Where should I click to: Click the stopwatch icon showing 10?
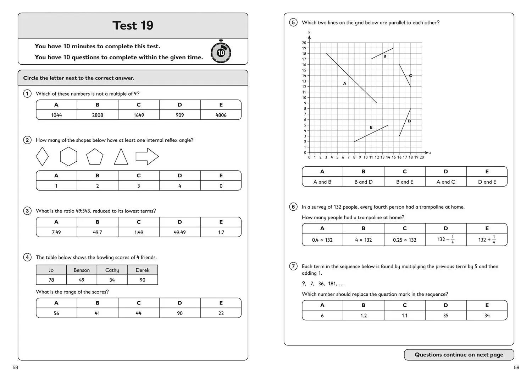point(221,52)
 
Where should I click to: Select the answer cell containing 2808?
point(98,115)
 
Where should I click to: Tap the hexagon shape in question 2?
point(68,156)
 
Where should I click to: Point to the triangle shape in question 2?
point(121,157)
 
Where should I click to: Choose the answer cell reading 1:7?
point(221,232)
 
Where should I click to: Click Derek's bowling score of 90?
point(143,280)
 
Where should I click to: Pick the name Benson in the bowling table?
point(82,270)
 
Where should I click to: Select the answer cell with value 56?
point(56,313)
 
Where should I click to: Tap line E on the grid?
point(371,133)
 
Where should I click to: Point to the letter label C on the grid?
point(410,76)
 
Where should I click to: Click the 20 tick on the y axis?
point(304,43)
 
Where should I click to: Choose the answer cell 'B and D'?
point(364,182)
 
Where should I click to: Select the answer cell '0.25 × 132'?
point(405,240)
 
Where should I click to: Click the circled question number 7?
point(293,266)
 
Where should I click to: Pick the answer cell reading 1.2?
point(364,316)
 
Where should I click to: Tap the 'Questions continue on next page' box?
point(459,355)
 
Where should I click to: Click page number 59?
point(516,367)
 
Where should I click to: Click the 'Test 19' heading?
point(133,26)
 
